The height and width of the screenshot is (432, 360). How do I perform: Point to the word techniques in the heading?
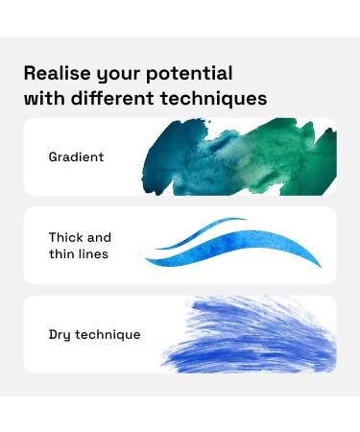click(x=219, y=98)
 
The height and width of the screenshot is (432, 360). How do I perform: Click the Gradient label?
click(x=76, y=156)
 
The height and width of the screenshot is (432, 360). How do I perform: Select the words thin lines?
click(x=79, y=254)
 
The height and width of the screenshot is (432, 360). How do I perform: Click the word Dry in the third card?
click(x=60, y=334)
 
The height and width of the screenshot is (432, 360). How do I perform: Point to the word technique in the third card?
click(x=108, y=334)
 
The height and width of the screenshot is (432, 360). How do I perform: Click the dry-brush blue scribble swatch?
click(x=254, y=336)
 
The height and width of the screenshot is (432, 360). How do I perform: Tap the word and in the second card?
click(x=100, y=237)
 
